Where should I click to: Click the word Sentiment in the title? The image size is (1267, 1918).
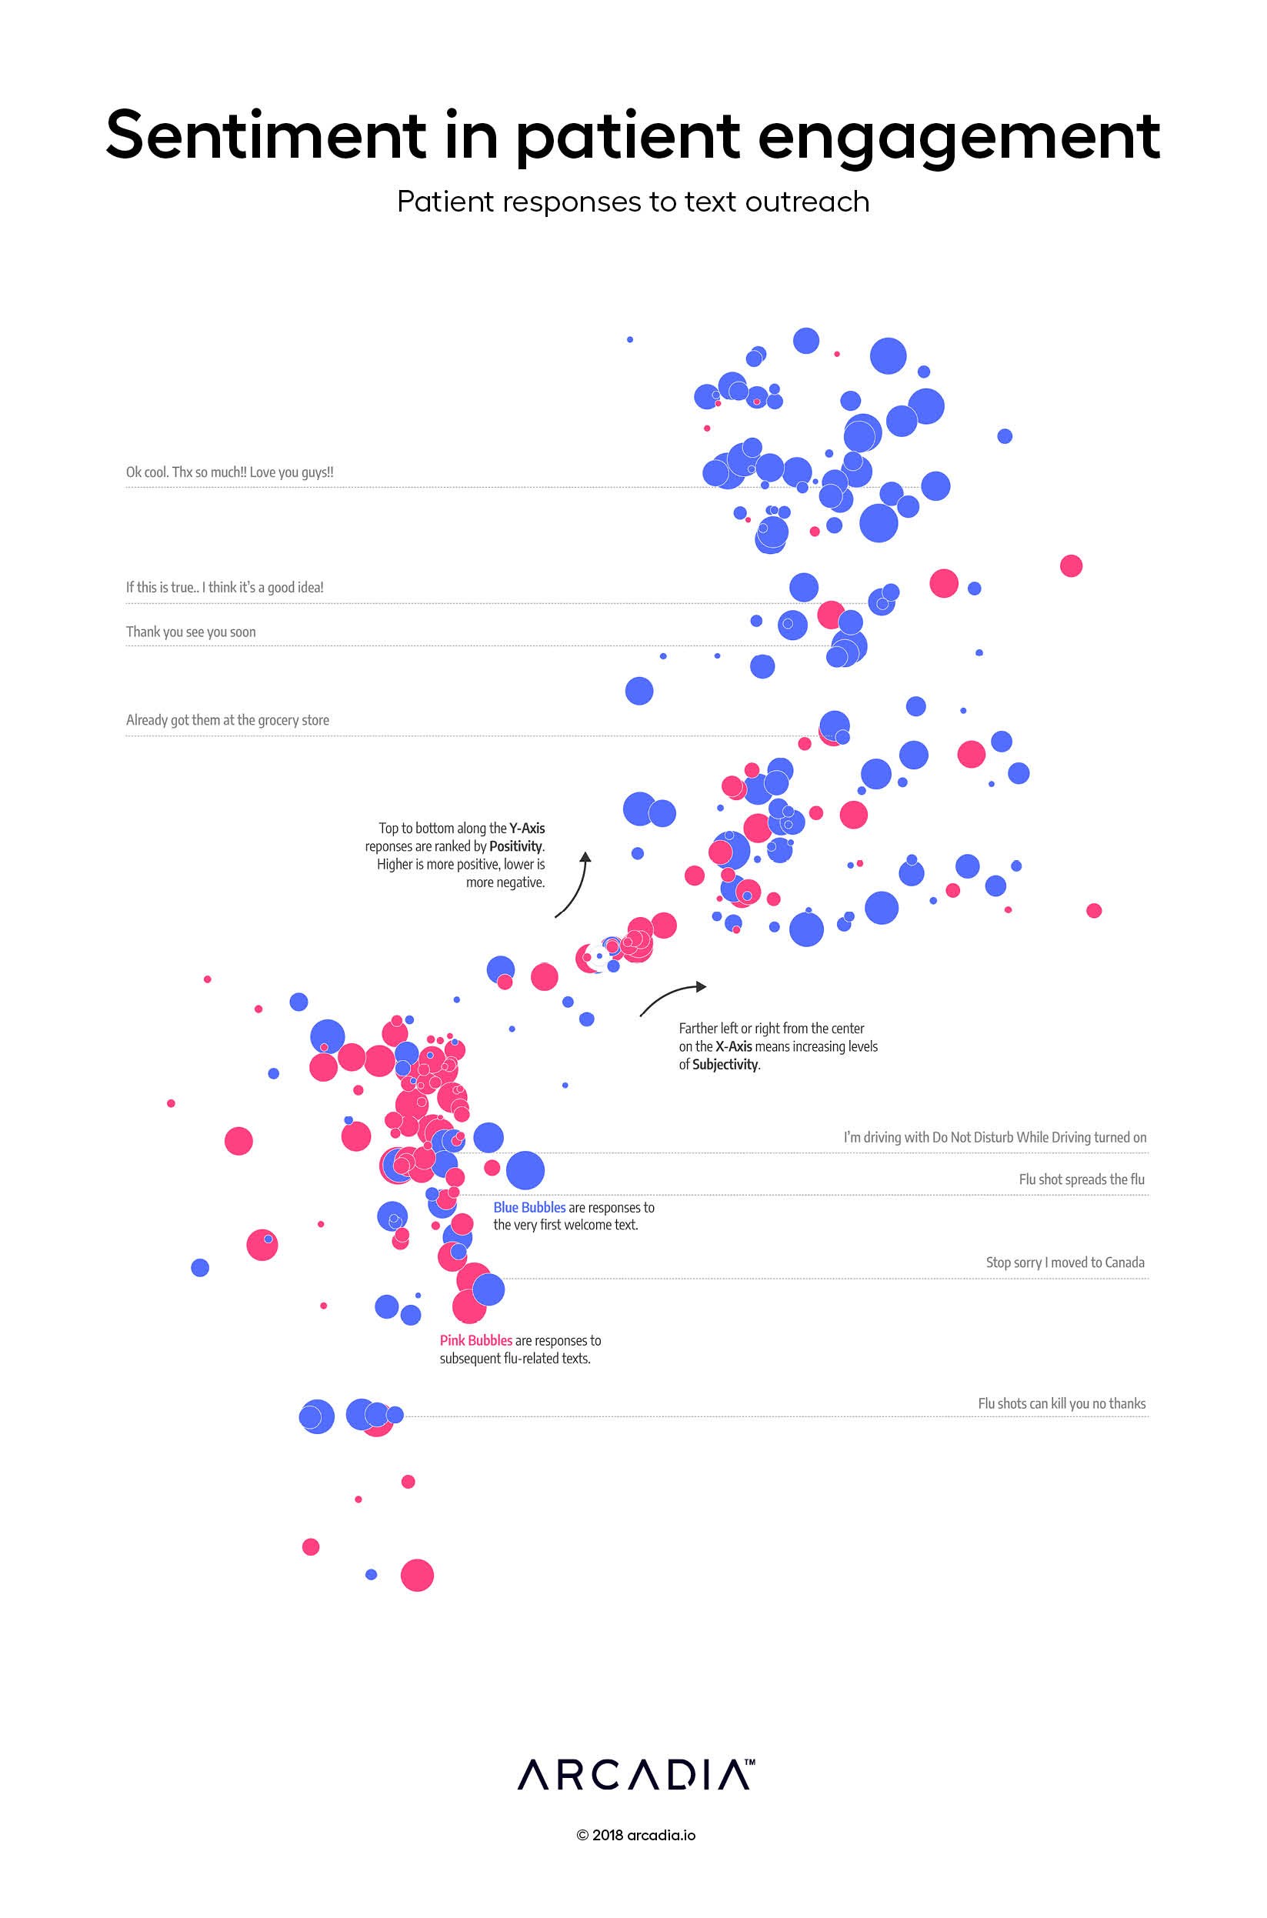pyautogui.click(x=265, y=135)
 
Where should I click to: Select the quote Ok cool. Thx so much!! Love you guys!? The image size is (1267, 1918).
pyautogui.click(x=229, y=472)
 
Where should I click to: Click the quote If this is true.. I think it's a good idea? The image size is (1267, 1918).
pyautogui.click(x=225, y=587)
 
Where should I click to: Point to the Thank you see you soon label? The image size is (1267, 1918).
pyautogui.click(x=191, y=632)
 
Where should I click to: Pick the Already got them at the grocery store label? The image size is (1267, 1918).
pyautogui.click(x=227, y=720)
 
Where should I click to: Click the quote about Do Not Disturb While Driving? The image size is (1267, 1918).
pyautogui.click(x=995, y=1138)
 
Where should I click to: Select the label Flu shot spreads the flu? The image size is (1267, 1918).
pyautogui.click(x=1081, y=1179)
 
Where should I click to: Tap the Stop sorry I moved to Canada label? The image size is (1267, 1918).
pyautogui.click(x=1065, y=1262)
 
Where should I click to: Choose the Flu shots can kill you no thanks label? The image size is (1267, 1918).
pyautogui.click(x=1061, y=1403)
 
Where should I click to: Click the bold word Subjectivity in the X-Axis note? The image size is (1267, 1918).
pyautogui.click(x=725, y=1065)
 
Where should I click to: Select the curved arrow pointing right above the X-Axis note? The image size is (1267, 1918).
pyautogui.click(x=672, y=997)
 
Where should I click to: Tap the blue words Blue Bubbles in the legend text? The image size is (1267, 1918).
pyautogui.click(x=529, y=1207)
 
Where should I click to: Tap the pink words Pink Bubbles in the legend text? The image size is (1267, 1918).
pyautogui.click(x=475, y=1340)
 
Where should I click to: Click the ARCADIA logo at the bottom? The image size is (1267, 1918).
pyautogui.click(x=636, y=1775)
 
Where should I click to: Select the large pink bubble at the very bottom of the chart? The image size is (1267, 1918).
pyautogui.click(x=417, y=1575)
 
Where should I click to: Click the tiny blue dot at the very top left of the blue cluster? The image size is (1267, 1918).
pyautogui.click(x=630, y=339)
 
